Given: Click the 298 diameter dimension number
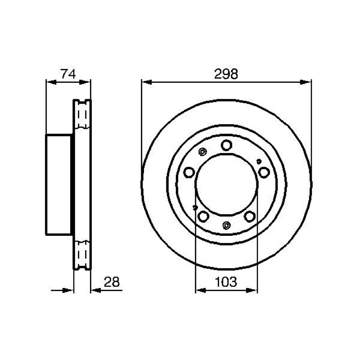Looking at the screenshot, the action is tap(226, 74).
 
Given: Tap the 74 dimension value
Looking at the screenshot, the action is tap(68, 74).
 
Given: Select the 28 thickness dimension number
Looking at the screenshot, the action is tap(112, 282).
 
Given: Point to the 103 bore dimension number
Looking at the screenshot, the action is tap(226, 282).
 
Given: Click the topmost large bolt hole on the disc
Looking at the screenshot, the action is tap(226, 145).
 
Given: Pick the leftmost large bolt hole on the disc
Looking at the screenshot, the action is tap(189, 172).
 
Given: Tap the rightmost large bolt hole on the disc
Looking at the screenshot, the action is tap(264, 172).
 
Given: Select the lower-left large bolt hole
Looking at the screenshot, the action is tap(203, 216).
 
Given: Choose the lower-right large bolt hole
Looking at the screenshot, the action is tap(250, 216).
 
